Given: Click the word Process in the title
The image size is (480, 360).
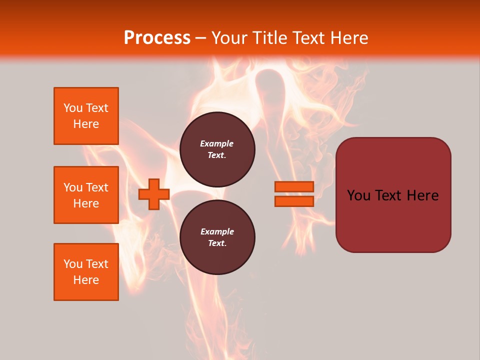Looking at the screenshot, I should tap(157, 38).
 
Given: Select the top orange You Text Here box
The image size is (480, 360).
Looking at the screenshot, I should tap(86, 116).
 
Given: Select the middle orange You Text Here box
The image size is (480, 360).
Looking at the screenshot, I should tap(86, 195).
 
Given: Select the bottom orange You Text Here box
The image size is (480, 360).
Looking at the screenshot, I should tap(86, 272).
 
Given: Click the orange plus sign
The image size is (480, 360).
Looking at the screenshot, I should tap(154, 194).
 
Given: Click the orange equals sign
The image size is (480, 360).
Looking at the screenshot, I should tap(294, 194).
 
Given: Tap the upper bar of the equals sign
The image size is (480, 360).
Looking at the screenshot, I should tap(294, 186).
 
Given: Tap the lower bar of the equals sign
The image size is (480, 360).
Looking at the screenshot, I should tap(294, 201).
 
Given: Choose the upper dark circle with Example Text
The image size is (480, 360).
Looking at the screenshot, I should tap(217, 149).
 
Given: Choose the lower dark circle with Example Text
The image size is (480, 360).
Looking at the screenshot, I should tap(217, 237).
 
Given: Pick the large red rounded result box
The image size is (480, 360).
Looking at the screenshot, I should tap(393, 195).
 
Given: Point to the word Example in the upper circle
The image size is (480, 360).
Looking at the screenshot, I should tap(217, 144).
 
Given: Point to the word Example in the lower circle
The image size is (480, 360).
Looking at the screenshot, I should tap(217, 232).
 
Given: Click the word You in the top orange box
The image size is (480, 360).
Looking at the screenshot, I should tap(73, 108).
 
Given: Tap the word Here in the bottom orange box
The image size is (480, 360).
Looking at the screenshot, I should tap(86, 280).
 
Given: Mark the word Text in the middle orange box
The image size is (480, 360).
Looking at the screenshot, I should tap(97, 187).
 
